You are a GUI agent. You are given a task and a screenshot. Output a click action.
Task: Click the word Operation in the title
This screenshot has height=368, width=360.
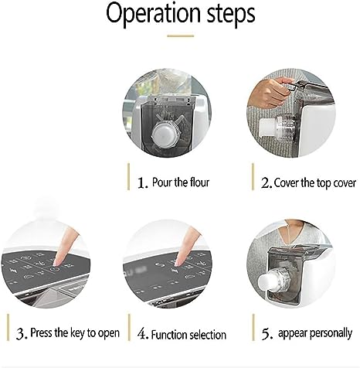coord(153,13)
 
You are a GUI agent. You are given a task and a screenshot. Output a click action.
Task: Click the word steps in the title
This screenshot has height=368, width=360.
coord(231,13)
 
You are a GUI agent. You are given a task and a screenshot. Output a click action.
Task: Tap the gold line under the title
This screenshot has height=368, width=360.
coord(180,36)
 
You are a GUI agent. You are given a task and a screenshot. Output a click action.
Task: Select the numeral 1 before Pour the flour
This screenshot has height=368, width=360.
coord(142,182)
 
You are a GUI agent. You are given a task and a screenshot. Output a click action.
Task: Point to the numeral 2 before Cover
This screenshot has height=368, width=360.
coord(266,182)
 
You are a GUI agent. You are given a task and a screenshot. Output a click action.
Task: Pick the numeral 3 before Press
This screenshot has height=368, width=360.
coord(21,333)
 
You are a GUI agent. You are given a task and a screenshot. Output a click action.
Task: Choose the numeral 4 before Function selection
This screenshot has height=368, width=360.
coord(142,334)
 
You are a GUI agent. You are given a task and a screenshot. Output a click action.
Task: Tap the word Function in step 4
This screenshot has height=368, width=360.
coord(168,335)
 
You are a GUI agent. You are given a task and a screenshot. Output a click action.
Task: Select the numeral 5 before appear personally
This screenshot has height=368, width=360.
coord(267,334)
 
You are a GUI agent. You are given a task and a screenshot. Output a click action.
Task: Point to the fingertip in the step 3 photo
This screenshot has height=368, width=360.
coord(56,262)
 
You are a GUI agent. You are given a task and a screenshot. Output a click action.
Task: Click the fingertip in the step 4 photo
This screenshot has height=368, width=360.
coord(178,262)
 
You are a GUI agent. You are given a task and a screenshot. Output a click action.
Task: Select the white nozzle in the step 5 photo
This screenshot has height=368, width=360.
coord(267,281)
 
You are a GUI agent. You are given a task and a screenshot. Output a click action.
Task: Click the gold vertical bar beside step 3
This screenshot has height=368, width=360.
coord(8,327)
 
